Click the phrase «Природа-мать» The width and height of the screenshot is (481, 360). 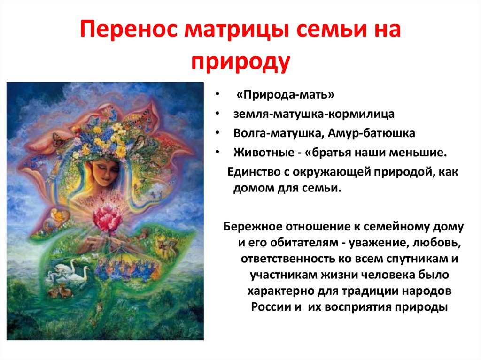pos(286,95)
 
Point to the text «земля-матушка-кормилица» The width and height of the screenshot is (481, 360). pos(314,115)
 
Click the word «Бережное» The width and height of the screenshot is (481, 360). pos(252,227)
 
